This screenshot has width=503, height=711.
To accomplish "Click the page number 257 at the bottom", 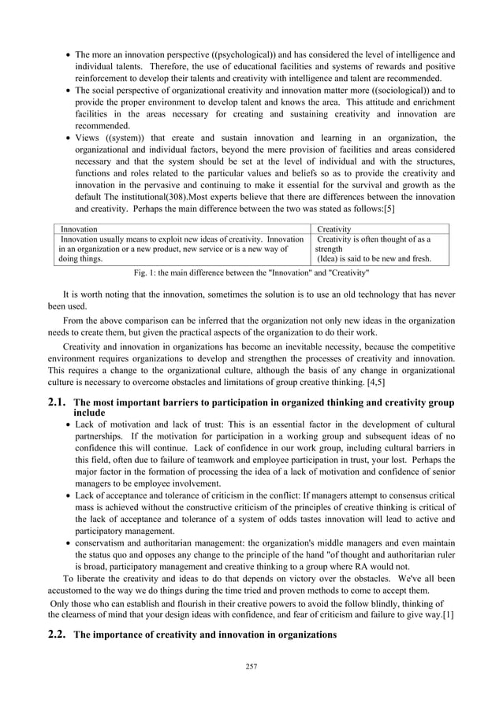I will tap(251, 667).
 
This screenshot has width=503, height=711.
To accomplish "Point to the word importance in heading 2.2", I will tap(121, 635).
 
